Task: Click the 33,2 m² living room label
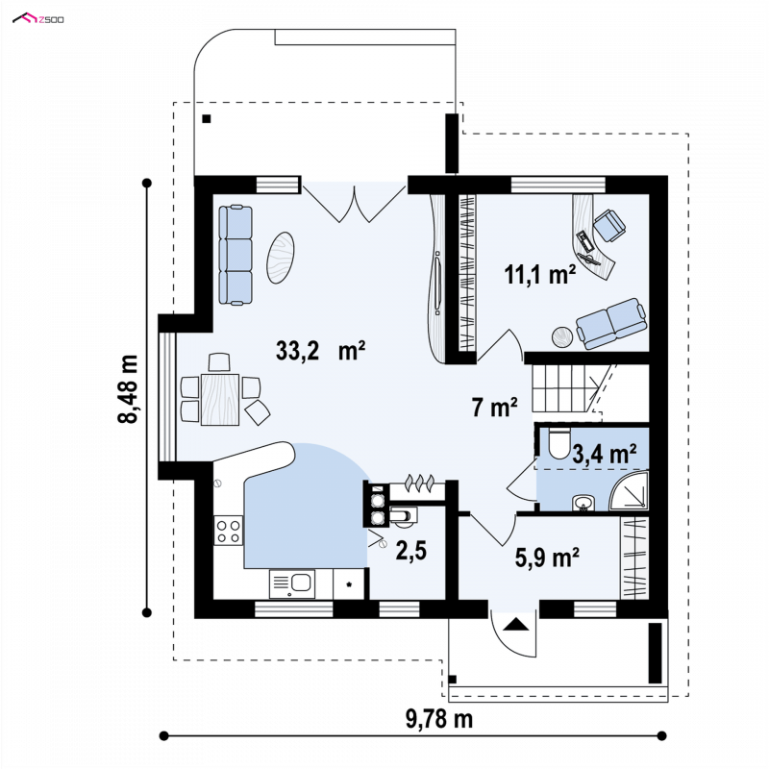pos(320,351)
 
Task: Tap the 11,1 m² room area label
pos(540,275)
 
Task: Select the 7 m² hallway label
pos(494,407)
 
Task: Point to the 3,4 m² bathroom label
pos(605,454)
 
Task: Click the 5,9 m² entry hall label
pos(547,558)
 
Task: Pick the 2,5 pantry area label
pos(411,551)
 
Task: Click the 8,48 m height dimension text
pos(129,389)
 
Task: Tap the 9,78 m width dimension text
pos(439,719)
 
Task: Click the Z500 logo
pos(38,19)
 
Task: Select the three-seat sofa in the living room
pos(236,255)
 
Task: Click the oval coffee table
pos(280,257)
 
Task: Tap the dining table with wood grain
pos(220,399)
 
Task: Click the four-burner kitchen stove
pos(228,531)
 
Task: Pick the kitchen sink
pos(292,583)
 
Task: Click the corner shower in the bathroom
pos(629,491)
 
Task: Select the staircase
pos(569,388)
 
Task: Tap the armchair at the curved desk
pos(609,225)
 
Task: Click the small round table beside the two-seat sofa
pos(562,337)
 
